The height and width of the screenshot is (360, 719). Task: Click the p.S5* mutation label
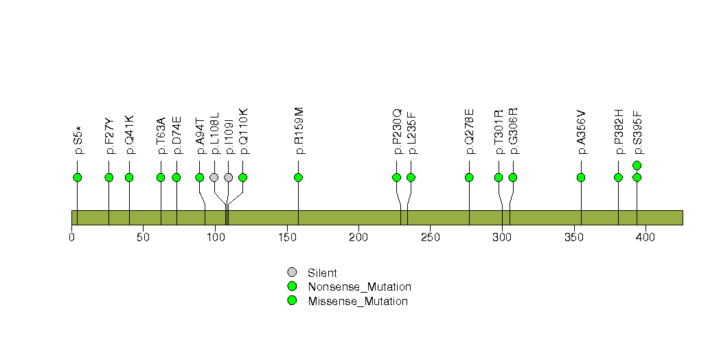(78, 139)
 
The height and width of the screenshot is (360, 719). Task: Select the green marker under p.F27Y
(109, 177)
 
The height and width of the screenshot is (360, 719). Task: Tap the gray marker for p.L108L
(214, 177)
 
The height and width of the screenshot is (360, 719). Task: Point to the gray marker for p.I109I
(229, 177)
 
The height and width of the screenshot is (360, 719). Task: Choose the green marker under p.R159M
(298, 177)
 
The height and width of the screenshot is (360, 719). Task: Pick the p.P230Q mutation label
(397, 131)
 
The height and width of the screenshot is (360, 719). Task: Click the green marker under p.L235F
(411, 177)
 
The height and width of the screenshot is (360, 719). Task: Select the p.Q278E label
(470, 132)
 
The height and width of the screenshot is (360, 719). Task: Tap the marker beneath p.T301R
(499, 177)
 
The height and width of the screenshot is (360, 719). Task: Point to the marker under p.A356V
(581, 177)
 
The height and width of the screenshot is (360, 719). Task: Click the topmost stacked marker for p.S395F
(637, 166)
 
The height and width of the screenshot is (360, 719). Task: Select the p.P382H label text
(619, 132)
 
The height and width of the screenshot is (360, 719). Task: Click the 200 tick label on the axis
(358, 237)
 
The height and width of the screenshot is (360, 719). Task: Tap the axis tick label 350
(573, 237)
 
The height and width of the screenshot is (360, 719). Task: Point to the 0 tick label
(71, 237)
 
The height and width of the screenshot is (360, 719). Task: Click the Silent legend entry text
(322, 273)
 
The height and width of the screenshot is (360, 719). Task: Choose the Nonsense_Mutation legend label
(360, 287)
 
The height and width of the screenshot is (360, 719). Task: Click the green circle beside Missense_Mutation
(292, 301)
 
